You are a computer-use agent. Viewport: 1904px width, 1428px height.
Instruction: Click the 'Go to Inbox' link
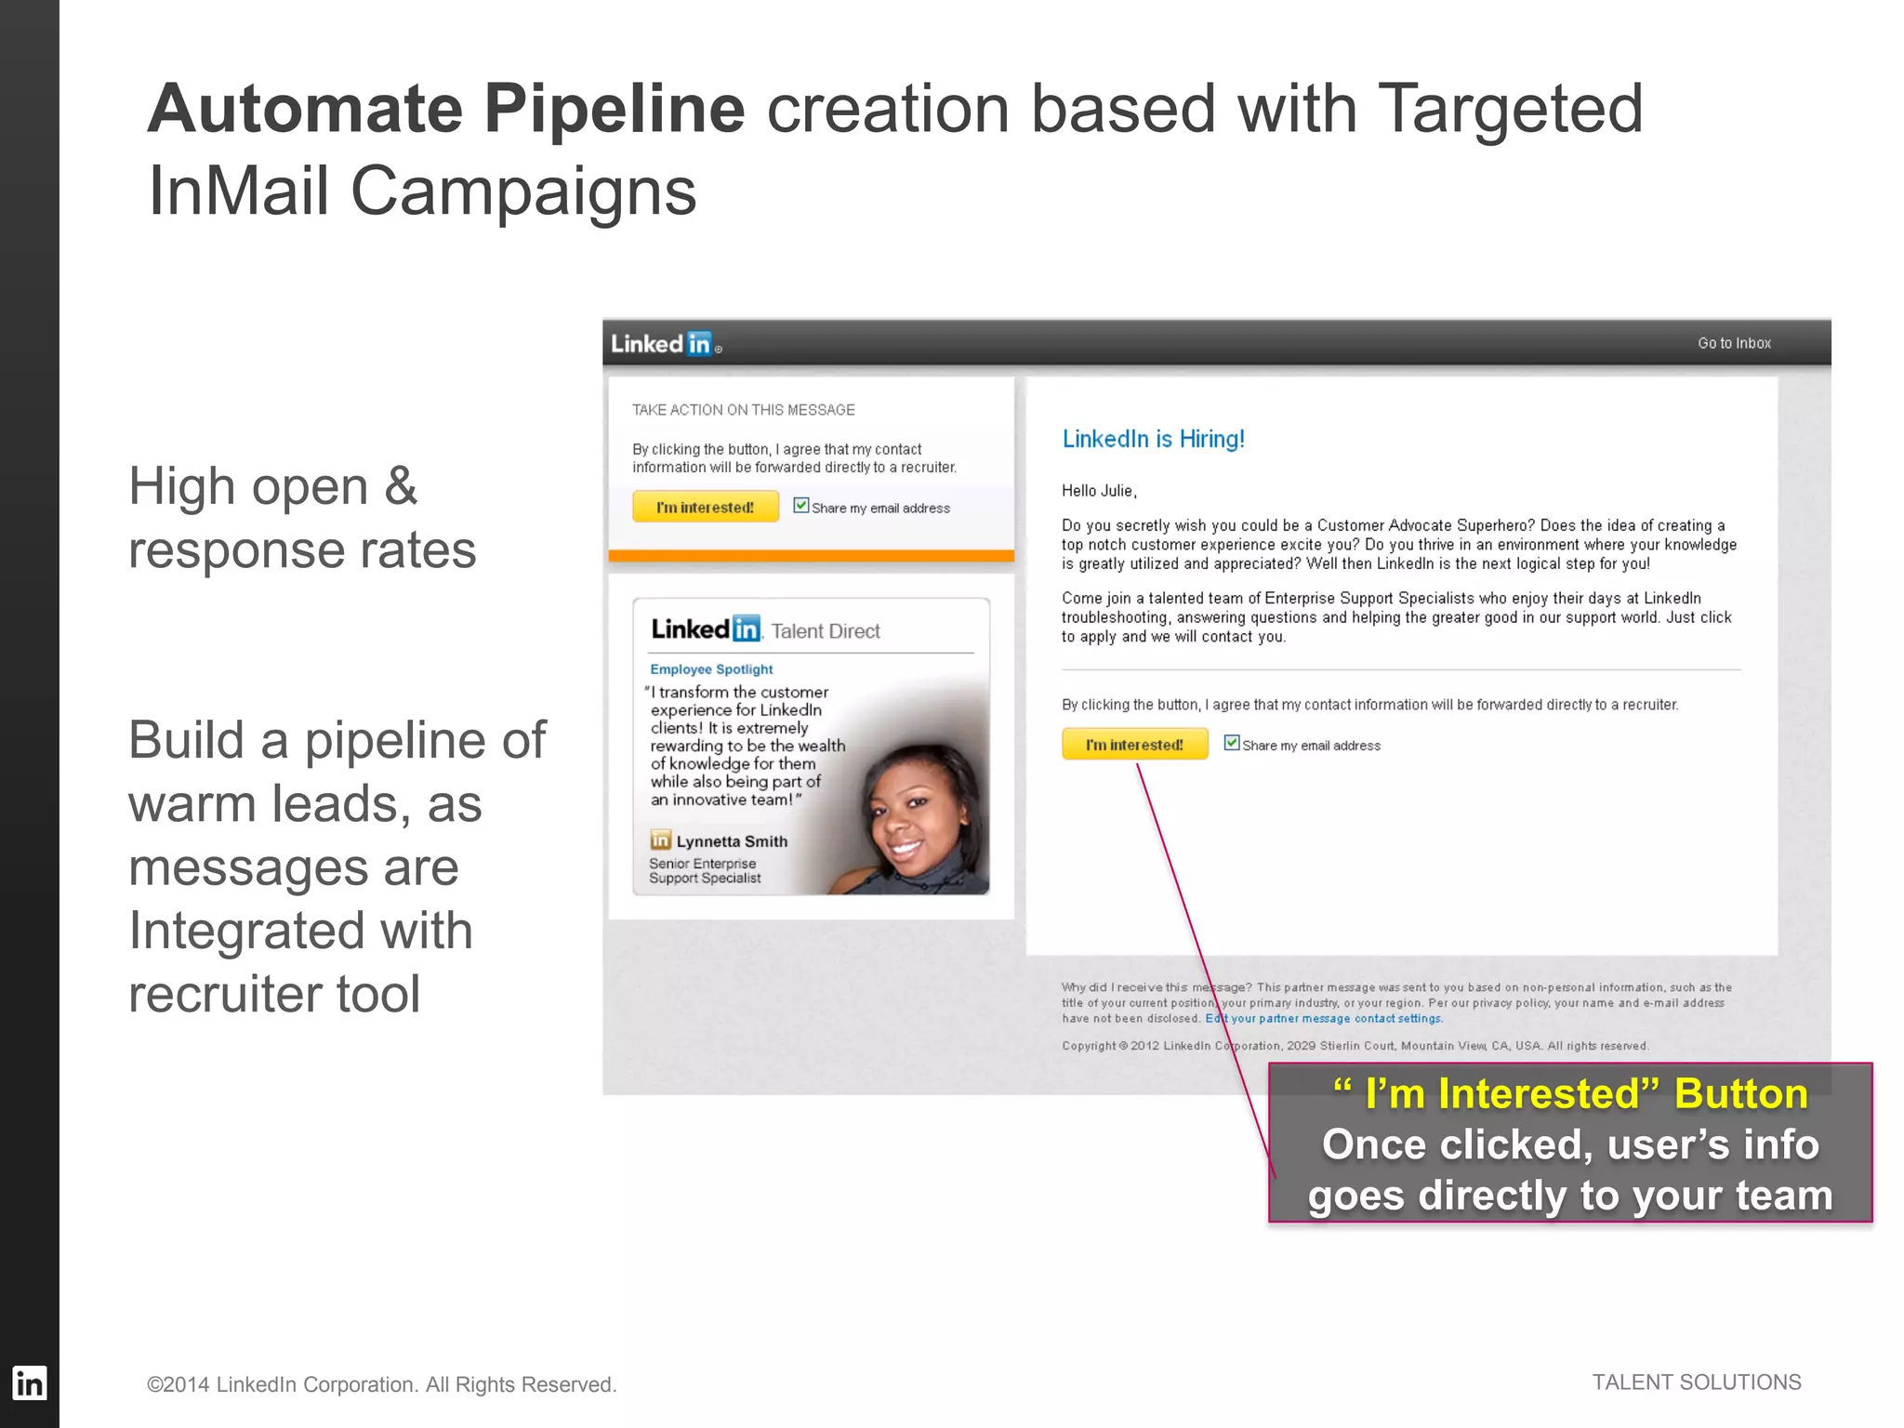pos(1734,343)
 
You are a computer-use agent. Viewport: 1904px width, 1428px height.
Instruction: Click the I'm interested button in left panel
pos(706,508)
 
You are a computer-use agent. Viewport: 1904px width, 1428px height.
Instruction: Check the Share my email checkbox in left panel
pos(800,506)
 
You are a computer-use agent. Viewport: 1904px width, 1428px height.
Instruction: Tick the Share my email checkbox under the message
pos(1232,743)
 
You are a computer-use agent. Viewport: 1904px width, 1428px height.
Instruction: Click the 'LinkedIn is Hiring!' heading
pos(1153,439)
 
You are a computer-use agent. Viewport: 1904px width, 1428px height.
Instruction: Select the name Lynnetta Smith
pos(731,841)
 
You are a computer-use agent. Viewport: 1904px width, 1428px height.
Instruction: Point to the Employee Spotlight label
pos(711,669)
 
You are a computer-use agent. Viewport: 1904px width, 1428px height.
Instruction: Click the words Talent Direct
pos(826,631)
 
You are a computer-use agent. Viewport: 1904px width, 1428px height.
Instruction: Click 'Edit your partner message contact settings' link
pos(1324,1019)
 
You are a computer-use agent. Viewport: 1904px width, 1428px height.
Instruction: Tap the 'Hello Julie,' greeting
pos(1099,491)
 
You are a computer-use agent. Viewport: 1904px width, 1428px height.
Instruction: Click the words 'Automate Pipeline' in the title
pos(446,110)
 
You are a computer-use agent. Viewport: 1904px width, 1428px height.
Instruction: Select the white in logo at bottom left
pos(29,1383)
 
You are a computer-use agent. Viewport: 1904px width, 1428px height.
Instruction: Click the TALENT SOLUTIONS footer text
pos(1696,1382)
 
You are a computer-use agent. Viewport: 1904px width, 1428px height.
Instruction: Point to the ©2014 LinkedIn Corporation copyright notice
pos(381,1384)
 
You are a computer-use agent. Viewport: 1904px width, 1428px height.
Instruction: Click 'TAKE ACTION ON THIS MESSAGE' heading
pos(743,410)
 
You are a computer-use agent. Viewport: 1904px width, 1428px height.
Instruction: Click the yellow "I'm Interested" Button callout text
pos(1570,1094)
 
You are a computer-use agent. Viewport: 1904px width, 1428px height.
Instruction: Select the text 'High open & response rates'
pos(302,518)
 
